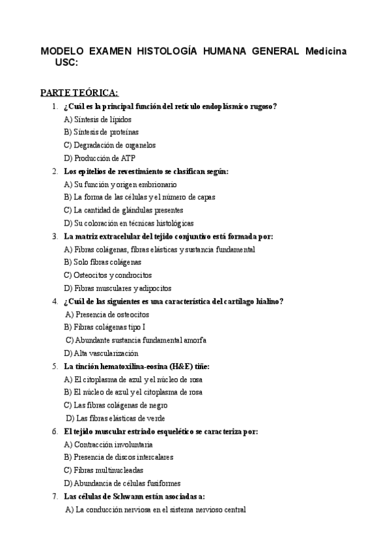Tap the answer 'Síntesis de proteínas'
point(101,132)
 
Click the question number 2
point(55,171)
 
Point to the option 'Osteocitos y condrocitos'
point(107,275)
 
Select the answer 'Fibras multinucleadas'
point(104,470)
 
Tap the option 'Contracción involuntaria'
point(108,444)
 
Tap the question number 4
point(55,301)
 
